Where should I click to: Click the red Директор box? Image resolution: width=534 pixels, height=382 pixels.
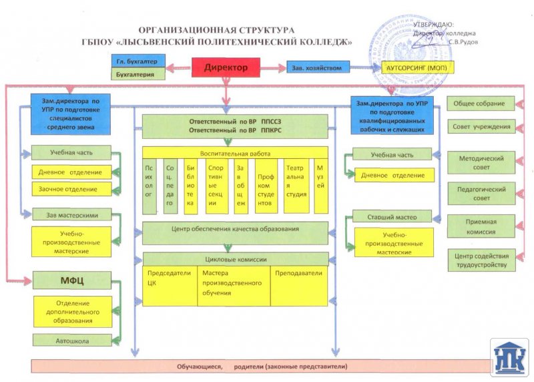[226, 67]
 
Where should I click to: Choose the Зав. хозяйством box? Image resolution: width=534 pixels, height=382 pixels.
[318, 67]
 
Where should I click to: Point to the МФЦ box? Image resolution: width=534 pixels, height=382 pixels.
[71, 278]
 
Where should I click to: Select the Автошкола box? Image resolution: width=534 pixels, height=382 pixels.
[71, 341]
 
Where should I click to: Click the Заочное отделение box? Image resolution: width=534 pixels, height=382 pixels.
[72, 189]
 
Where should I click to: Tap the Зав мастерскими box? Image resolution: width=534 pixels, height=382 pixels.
[72, 215]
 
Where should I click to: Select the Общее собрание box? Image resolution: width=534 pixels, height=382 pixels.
[481, 104]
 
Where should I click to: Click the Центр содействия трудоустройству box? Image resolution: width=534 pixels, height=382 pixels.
[481, 260]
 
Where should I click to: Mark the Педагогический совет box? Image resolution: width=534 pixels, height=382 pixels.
[481, 194]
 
